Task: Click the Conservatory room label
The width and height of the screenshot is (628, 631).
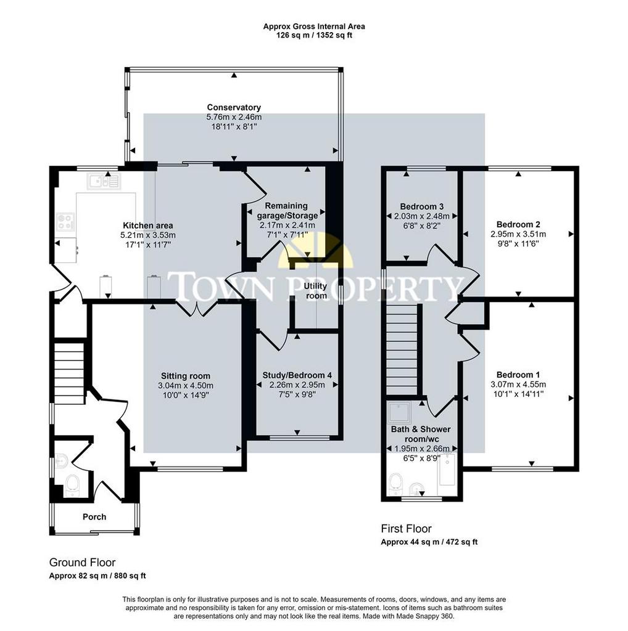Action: pyautogui.click(x=234, y=107)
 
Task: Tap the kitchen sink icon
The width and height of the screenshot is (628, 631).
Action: pyautogui.click(x=104, y=181)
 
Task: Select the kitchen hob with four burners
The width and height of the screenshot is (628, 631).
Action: pyautogui.click(x=65, y=222)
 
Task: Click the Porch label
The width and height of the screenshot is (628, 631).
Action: pyautogui.click(x=94, y=517)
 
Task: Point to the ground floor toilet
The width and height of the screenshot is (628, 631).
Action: pyautogui.click(x=73, y=485)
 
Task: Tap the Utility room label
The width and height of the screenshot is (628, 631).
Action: pyautogui.click(x=315, y=291)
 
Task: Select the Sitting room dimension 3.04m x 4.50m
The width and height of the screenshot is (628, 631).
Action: pyautogui.click(x=186, y=386)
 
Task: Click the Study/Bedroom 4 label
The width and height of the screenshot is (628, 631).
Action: pyautogui.click(x=297, y=375)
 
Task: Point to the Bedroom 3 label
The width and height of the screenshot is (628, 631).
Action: pyautogui.click(x=422, y=206)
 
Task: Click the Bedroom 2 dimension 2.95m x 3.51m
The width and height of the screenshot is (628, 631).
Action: pyautogui.click(x=518, y=234)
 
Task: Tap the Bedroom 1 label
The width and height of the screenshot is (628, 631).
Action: pyautogui.click(x=518, y=375)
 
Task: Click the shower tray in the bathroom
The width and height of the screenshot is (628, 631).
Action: pyautogui.click(x=400, y=413)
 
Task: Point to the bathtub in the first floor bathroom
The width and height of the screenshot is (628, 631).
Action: pyautogui.click(x=447, y=469)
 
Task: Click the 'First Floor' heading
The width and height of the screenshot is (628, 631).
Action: pyautogui.click(x=406, y=529)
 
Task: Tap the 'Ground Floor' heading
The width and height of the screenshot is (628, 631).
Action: pyautogui.click(x=82, y=563)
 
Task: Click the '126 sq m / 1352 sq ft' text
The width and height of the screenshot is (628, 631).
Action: pyautogui.click(x=314, y=35)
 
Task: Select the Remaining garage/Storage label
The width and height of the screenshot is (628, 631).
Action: pyautogui.click(x=287, y=211)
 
